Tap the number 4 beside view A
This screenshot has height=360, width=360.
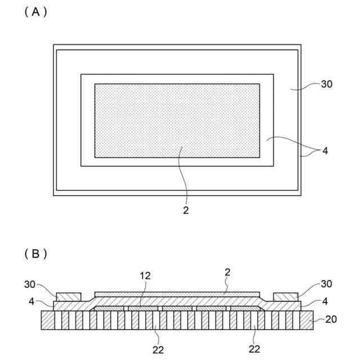click(x=325, y=151)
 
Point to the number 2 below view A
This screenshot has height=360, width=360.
click(x=186, y=210)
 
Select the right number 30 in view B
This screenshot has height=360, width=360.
click(x=326, y=283)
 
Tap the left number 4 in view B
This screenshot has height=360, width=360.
click(x=31, y=301)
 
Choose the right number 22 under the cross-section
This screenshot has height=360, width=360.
click(x=254, y=349)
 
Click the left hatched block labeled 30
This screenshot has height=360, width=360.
click(x=69, y=296)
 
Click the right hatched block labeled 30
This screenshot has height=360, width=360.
click(x=286, y=296)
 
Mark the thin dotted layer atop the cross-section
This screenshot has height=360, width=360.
click(x=177, y=294)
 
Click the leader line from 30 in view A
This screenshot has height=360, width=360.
click(x=307, y=87)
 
